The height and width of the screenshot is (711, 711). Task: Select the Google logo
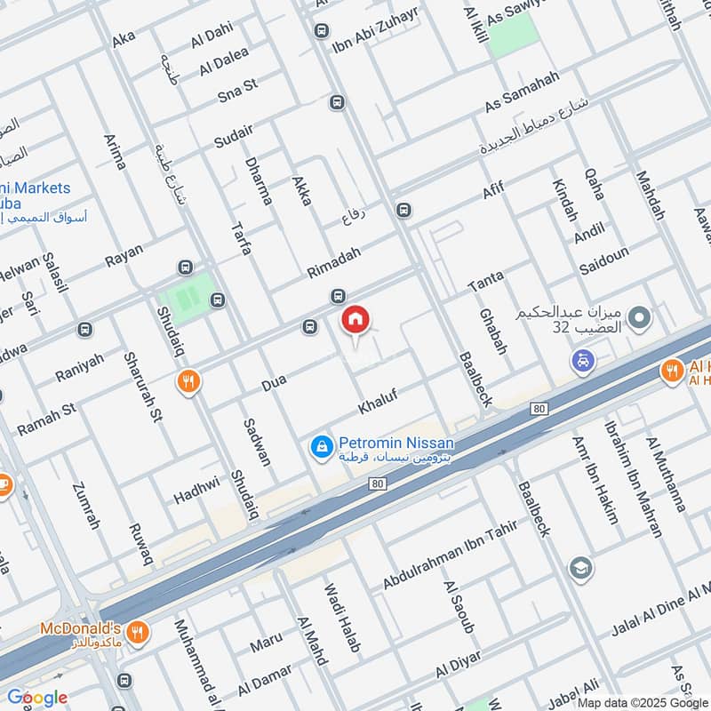(x=37, y=698)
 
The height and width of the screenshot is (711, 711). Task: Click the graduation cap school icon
(x=581, y=568)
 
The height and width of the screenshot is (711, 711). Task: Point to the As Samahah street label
(x=522, y=92)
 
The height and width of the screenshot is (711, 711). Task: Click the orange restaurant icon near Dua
(x=188, y=382)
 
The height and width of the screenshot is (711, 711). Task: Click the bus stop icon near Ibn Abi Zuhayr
(x=320, y=31)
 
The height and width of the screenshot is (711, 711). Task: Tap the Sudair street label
(x=234, y=136)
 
